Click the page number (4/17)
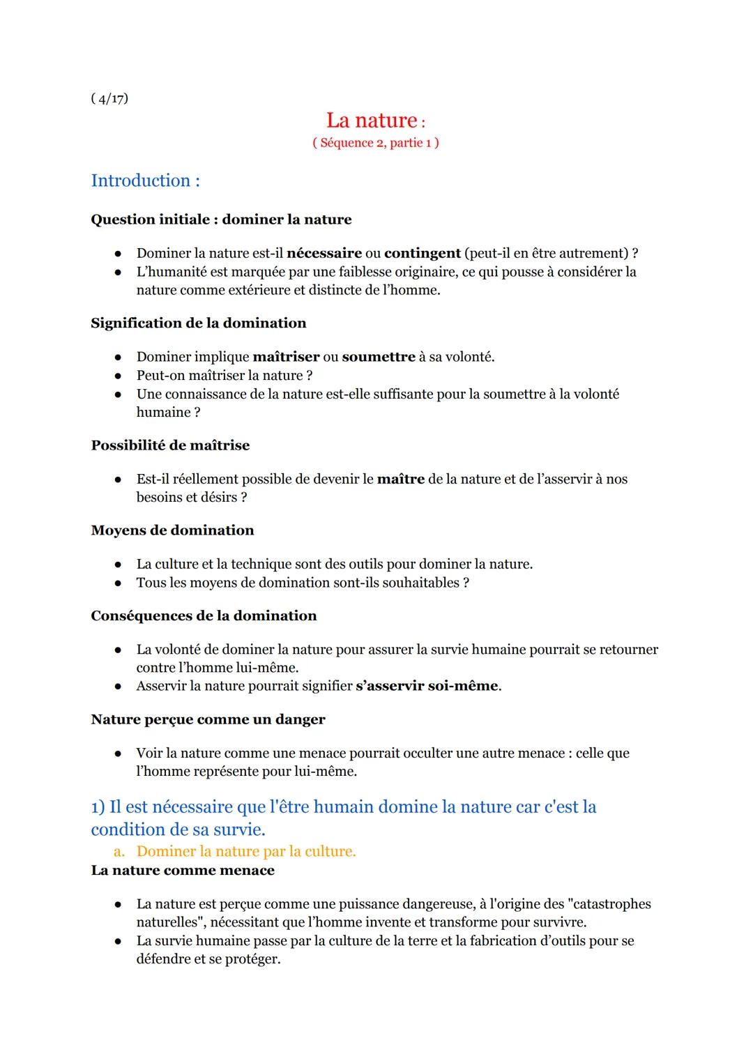pyautogui.click(x=109, y=98)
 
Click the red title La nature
pyautogui.click(x=372, y=121)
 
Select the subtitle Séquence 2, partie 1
pyautogui.click(x=376, y=143)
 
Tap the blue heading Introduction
pyautogui.click(x=145, y=181)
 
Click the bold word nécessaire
pyautogui.click(x=324, y=253)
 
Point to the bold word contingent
pyautogui.click(x=423, y=253)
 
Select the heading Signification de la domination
pyautogui.click(x=199, y=323)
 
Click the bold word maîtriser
pyautogui.click(x=286, y=357)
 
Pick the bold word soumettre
pyautogui.click(x=379, y=357)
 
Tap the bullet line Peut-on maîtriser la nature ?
pyautogui.click(x=225, y=375)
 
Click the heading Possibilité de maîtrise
pyautogui.click(x=170, y=445)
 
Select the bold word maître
pyautogui.click(x=400, y=479)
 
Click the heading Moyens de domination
pyautogui.click(x=172, y=530)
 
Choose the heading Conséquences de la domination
pyautogui.click(x=204, y=615)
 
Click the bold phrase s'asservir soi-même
pyautogui.click(x=427, y=686)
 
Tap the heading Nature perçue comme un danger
pyautogui.click(x=208, y=719)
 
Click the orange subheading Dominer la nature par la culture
pyautogui.click(x=246, y=851)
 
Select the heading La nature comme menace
pyautogui.click(x=183, y=870)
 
